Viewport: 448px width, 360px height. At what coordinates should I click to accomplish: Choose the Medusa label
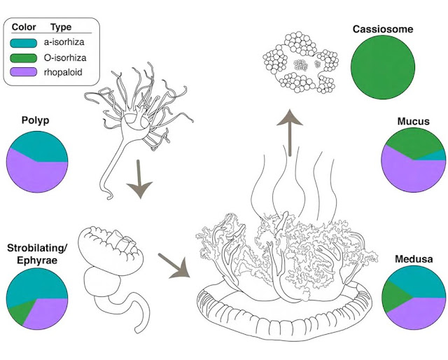click(x=412, y=259)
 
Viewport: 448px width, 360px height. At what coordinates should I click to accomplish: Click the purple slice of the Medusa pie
click(x=416, y=315)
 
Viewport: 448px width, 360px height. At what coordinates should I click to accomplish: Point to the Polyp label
click(x=37, y=121)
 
